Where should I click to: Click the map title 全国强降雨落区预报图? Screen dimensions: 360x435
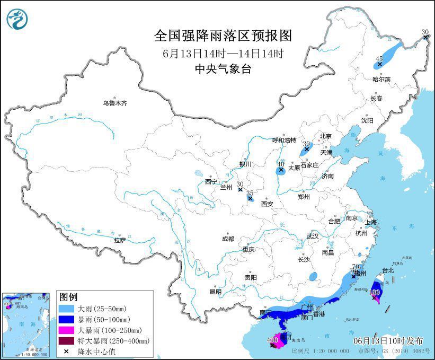[223, 36]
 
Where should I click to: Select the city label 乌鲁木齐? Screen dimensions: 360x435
[115, 103]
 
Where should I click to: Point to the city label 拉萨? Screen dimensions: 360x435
[120, 240]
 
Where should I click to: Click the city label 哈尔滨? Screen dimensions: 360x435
[381, 80]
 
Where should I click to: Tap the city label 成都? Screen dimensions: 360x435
[228, 239]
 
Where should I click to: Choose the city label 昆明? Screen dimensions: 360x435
[216, 291]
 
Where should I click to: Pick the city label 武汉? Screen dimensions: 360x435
[313, 236]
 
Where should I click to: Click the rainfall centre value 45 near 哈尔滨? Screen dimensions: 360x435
[379, 59]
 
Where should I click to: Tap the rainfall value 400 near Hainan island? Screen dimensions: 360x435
[273, 340]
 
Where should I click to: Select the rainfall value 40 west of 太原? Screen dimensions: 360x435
[281, 164]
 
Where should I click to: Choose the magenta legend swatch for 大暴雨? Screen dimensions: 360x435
[67, 330]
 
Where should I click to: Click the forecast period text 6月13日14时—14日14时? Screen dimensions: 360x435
[223, 53]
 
